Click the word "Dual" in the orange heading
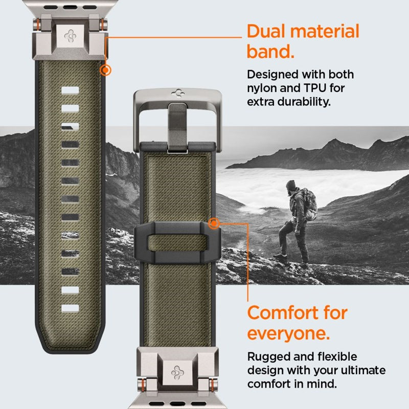click(x=268, y=31)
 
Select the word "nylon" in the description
click(x=263, y=88)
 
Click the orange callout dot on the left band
click(x=106, y=70)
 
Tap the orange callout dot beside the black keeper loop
click(x=214, y=223)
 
